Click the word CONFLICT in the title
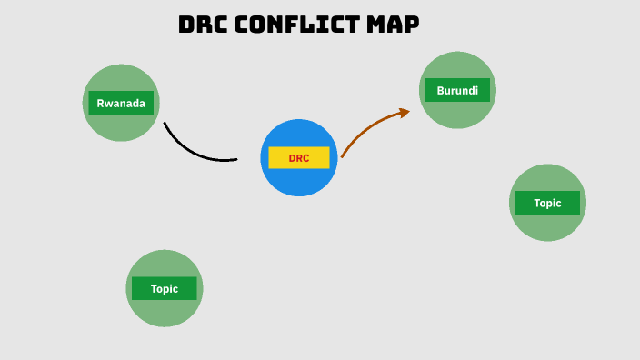297,25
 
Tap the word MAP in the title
393,25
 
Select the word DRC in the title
203,25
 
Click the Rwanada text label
121,103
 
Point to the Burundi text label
457,90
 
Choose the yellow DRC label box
299,158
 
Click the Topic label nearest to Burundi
547,203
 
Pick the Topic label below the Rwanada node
165,288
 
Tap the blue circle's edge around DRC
299,121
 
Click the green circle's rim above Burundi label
457,55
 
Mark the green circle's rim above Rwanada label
121,66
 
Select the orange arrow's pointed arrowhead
405,111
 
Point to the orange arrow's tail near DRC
343,156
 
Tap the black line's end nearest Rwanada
165,123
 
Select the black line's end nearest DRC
235,160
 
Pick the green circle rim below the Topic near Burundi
547,239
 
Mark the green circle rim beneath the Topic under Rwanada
165,325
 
